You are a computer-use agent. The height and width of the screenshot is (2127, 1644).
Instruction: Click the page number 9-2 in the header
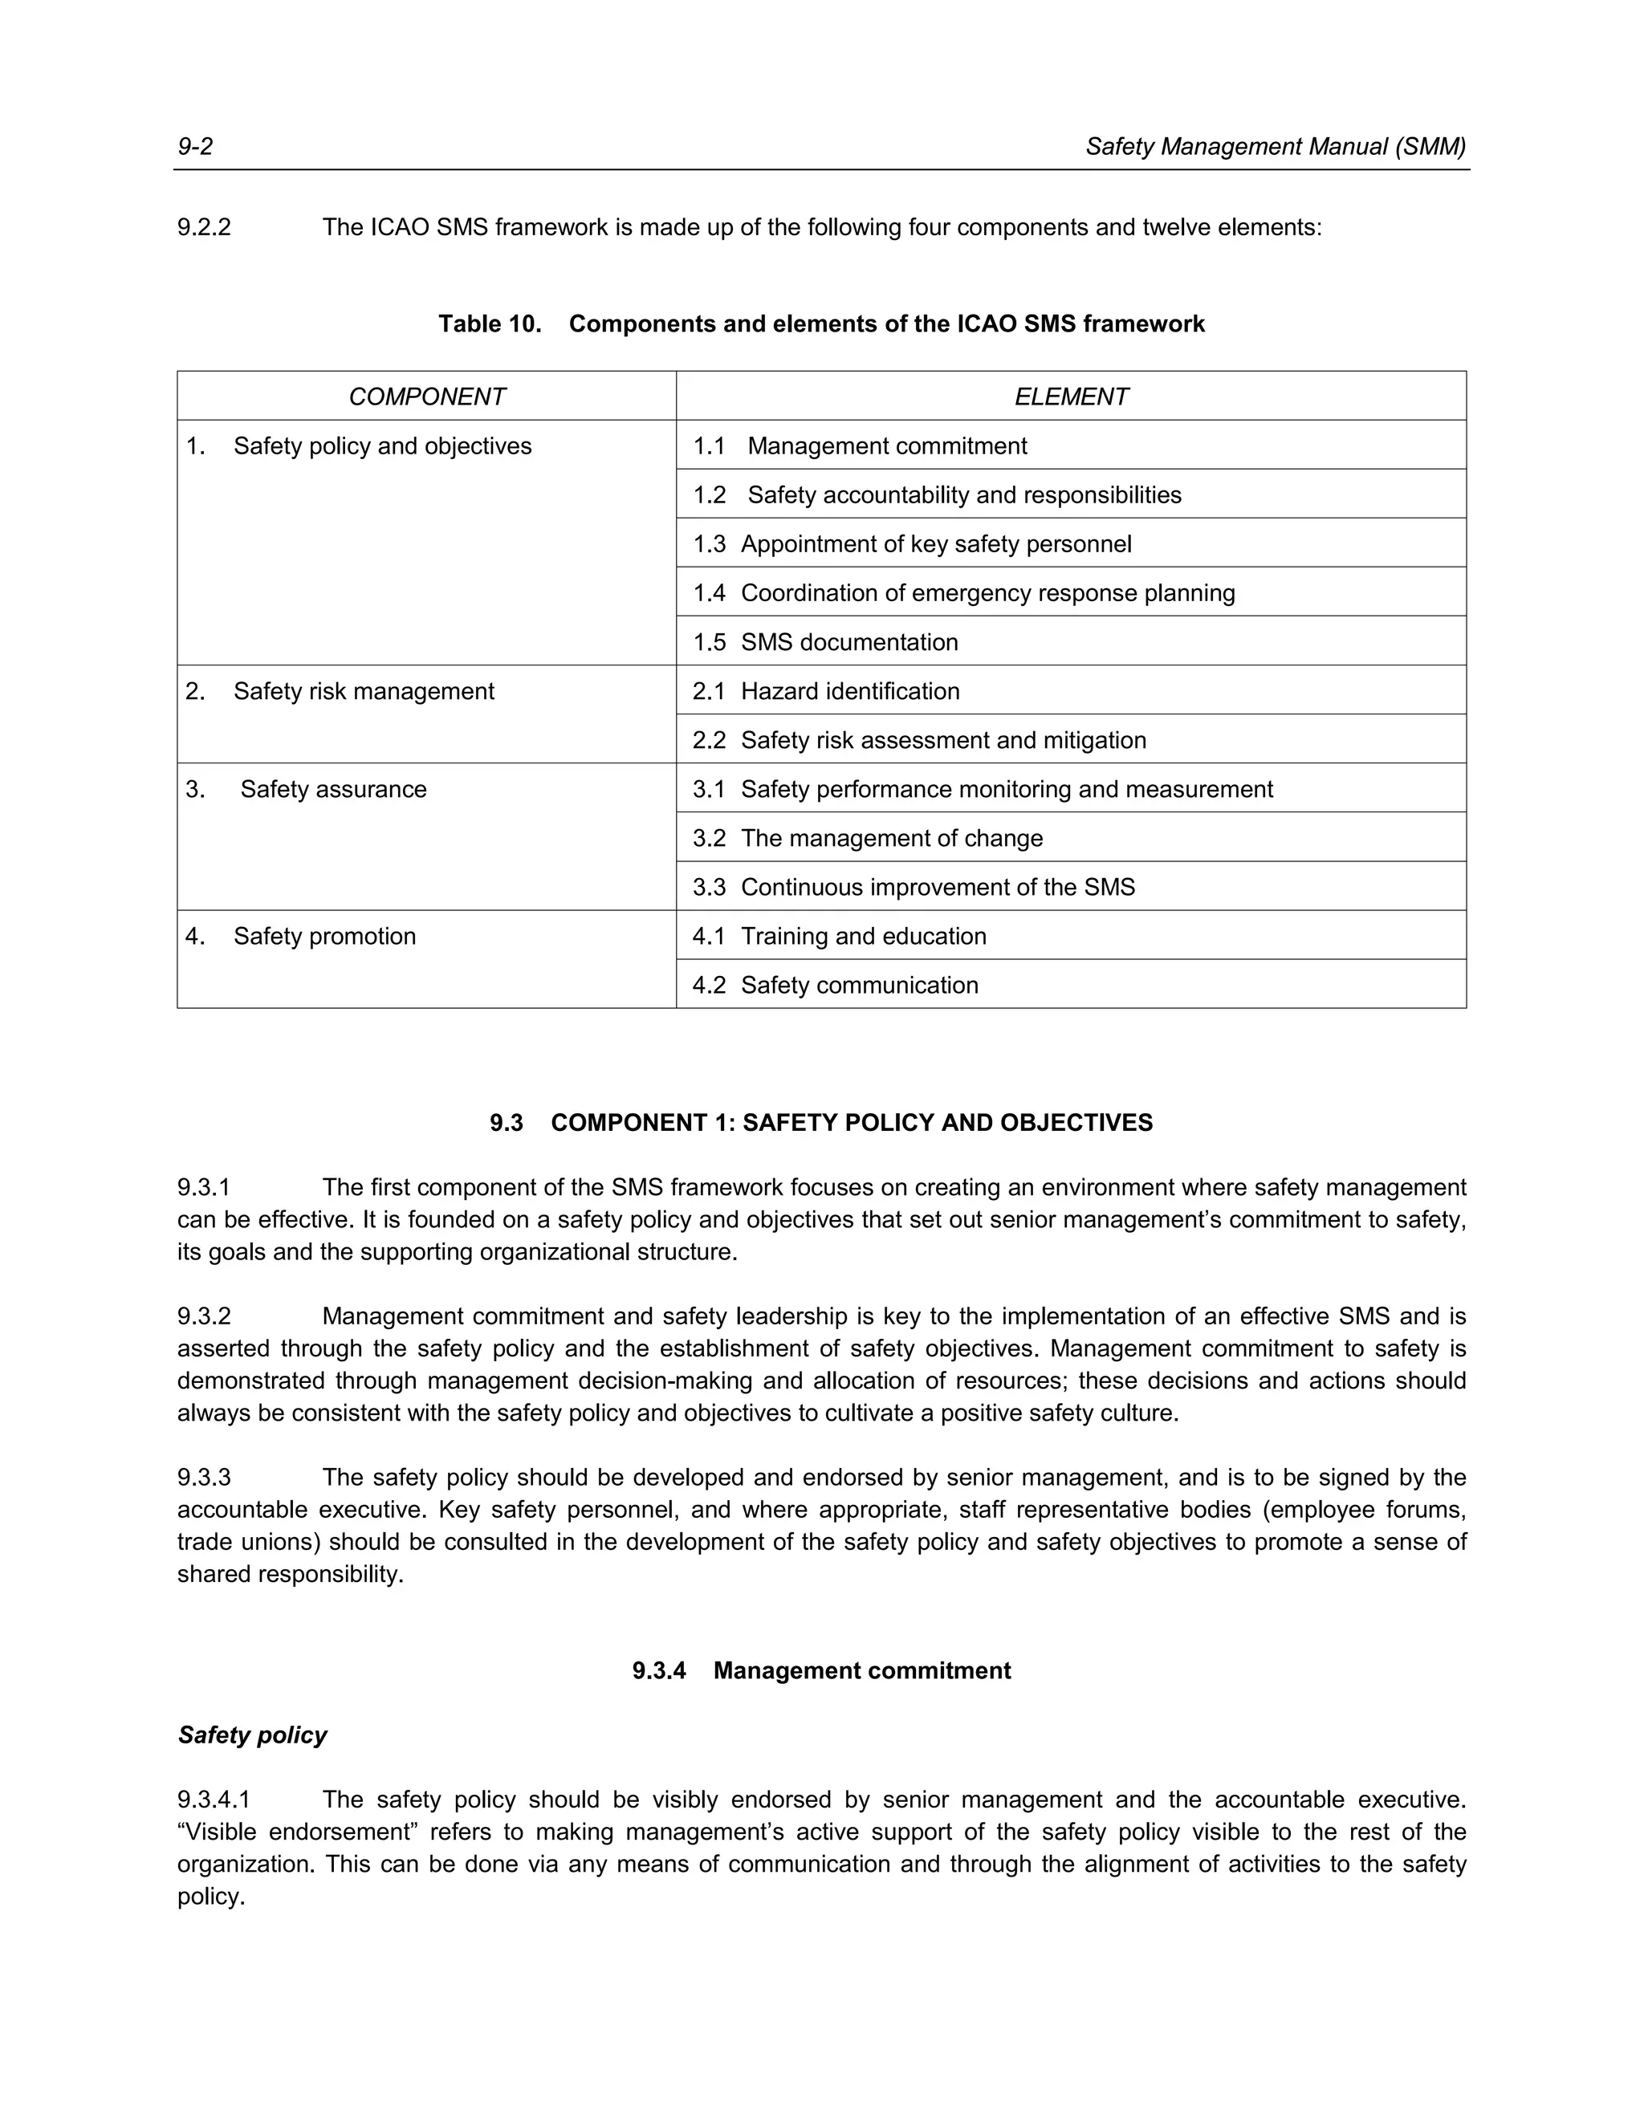tap(195, 147)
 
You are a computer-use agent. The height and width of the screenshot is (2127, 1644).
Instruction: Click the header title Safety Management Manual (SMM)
tap(1275, 147)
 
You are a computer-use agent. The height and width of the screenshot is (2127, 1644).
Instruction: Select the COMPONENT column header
tap(426, 397)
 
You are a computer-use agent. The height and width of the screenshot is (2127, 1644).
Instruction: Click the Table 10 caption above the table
tap(821, 324)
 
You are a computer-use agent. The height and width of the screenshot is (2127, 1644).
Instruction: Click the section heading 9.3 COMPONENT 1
tap(821, 1123)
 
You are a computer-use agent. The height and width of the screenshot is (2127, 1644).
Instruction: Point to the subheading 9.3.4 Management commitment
tap(821, 1671)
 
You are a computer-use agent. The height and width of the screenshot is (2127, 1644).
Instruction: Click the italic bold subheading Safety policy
tap(252, 1735)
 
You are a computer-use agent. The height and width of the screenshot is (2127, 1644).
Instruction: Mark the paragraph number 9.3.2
tap(205, 1316)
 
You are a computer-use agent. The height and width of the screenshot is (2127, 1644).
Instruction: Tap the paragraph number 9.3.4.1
tap(214, 1800)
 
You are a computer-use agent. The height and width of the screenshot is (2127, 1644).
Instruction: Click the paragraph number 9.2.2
tap(205, 228)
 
